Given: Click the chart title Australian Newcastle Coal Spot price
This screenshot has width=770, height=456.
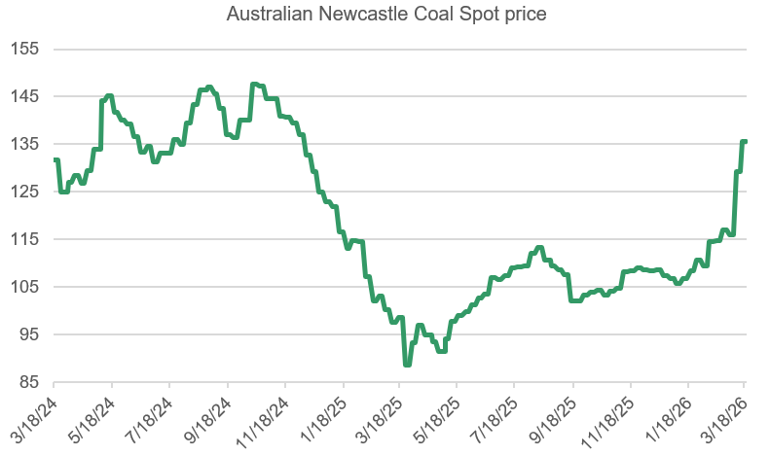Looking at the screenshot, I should point(385,15).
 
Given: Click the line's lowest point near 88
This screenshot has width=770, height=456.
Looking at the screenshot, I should point(407,364).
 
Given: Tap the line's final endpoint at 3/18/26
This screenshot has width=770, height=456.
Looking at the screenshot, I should point(745,142).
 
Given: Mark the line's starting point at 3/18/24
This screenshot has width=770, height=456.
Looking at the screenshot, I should point(55,160).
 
